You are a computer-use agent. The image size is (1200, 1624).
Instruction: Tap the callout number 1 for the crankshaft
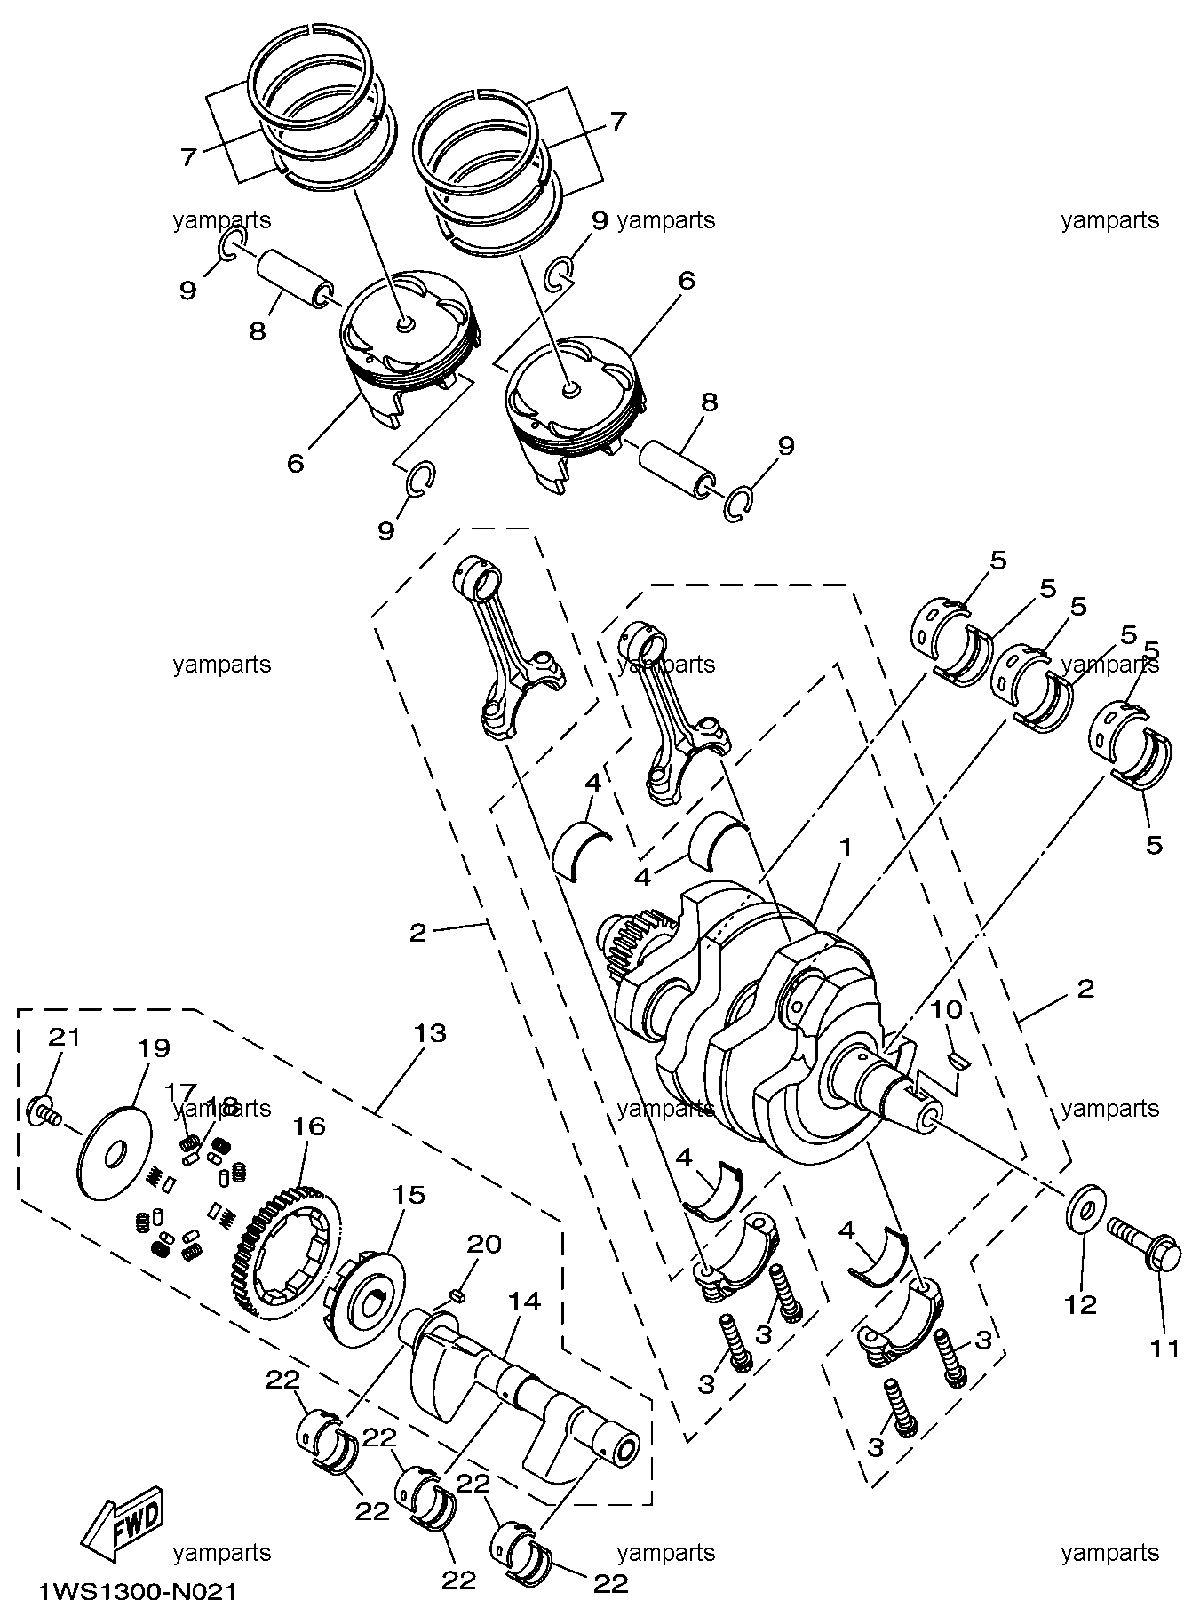[x=846, y=848]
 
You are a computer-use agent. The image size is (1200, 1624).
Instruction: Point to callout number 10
[x=947, y=1010]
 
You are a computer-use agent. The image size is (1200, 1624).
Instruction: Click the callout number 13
[x=429, y=1033]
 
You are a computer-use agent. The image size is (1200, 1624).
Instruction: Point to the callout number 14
[x=524, y=1302]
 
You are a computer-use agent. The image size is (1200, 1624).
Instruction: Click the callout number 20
[x=486, y=1243]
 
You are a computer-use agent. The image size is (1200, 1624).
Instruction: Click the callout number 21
[x=64, y=1037]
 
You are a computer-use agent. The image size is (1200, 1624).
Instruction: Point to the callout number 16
[x=308, y=1126]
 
